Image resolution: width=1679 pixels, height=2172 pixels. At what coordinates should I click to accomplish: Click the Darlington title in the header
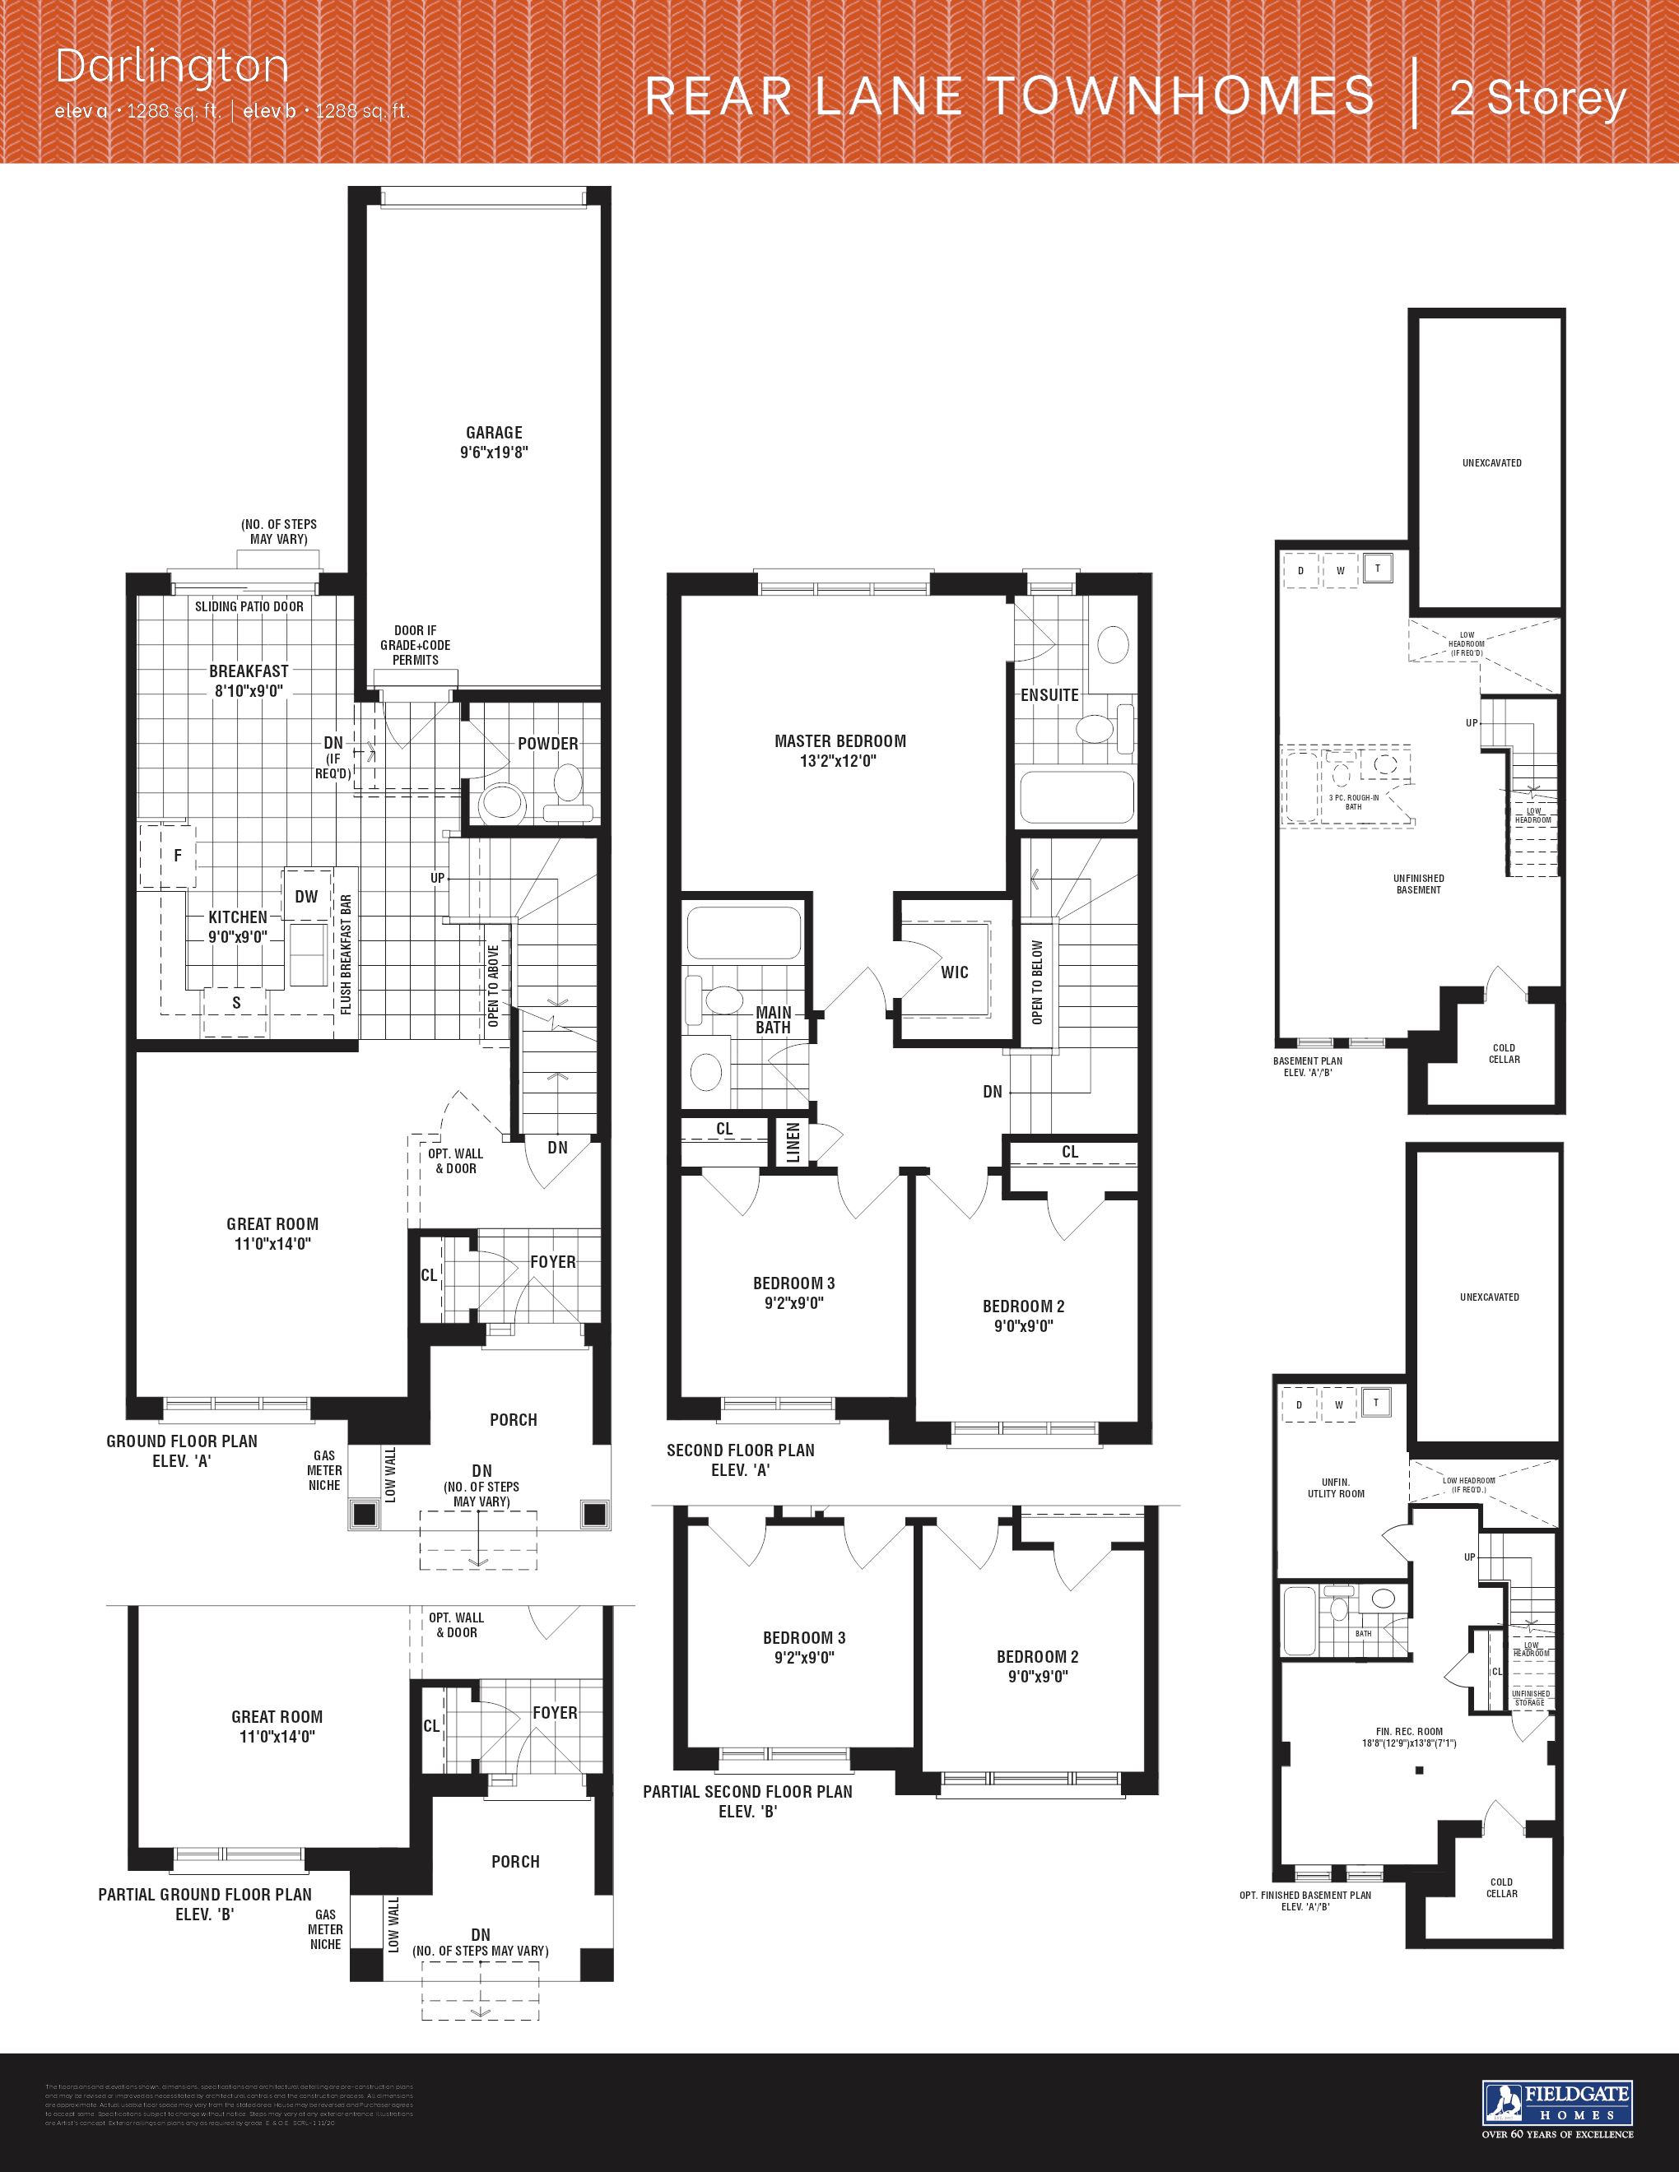(x=172, y=67)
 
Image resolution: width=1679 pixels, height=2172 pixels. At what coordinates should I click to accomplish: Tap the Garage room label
(x=495, y=433)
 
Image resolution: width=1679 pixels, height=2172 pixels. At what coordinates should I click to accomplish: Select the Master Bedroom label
(x=839, y=741)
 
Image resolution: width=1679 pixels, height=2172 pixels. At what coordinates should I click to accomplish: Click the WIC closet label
(x=954, y=972)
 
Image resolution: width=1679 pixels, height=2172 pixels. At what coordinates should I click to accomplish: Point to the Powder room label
(x=547, y=744)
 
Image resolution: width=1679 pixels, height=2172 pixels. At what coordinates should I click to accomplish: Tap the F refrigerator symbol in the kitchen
(x=178, y=856)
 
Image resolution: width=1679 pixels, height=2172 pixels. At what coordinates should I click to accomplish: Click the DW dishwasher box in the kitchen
(x=306, y=897)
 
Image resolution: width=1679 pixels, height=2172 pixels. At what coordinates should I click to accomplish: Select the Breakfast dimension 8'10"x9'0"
(x=249, y=691)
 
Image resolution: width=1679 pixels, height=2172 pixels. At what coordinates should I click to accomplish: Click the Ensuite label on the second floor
(x=1049, y=695)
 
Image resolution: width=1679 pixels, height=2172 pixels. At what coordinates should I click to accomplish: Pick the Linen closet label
(x=793, y=1143)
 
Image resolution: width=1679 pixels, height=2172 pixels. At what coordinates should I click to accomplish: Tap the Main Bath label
(x=773, y=1020)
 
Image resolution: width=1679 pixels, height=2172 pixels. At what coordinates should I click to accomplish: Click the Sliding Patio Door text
(x=249, y=606)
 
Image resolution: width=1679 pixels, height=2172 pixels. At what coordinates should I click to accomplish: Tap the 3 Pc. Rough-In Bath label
(x=1354, y=801)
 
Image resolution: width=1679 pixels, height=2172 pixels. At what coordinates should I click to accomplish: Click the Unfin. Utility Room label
(x=1336, y=1487)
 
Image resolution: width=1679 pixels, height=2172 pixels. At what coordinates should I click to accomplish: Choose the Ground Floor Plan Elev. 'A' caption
(x=182, y=1451)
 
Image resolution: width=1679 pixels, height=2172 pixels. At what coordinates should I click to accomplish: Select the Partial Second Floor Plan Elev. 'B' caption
(x=748, y=1801)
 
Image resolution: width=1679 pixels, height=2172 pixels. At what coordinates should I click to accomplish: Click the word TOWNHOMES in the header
(x=1181, y=97)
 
